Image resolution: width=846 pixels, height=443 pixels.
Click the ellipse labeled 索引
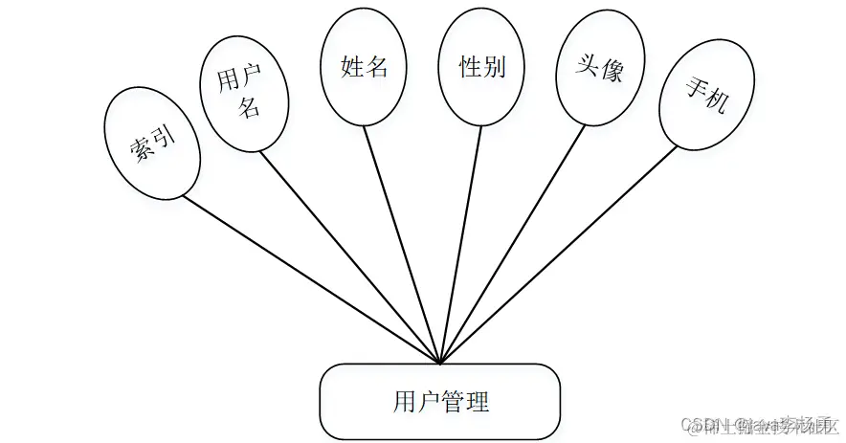(153, 144)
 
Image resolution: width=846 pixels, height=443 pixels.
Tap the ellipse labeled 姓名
(364, 68)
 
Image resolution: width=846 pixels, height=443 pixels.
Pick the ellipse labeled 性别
(481, 68)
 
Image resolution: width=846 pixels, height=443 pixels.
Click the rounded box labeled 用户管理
(440, 400)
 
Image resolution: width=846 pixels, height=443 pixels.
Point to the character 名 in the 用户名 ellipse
(249, 106)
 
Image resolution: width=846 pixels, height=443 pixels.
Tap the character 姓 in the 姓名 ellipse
(352, 68)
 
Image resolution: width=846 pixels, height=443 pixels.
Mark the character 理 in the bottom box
(479, 400)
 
